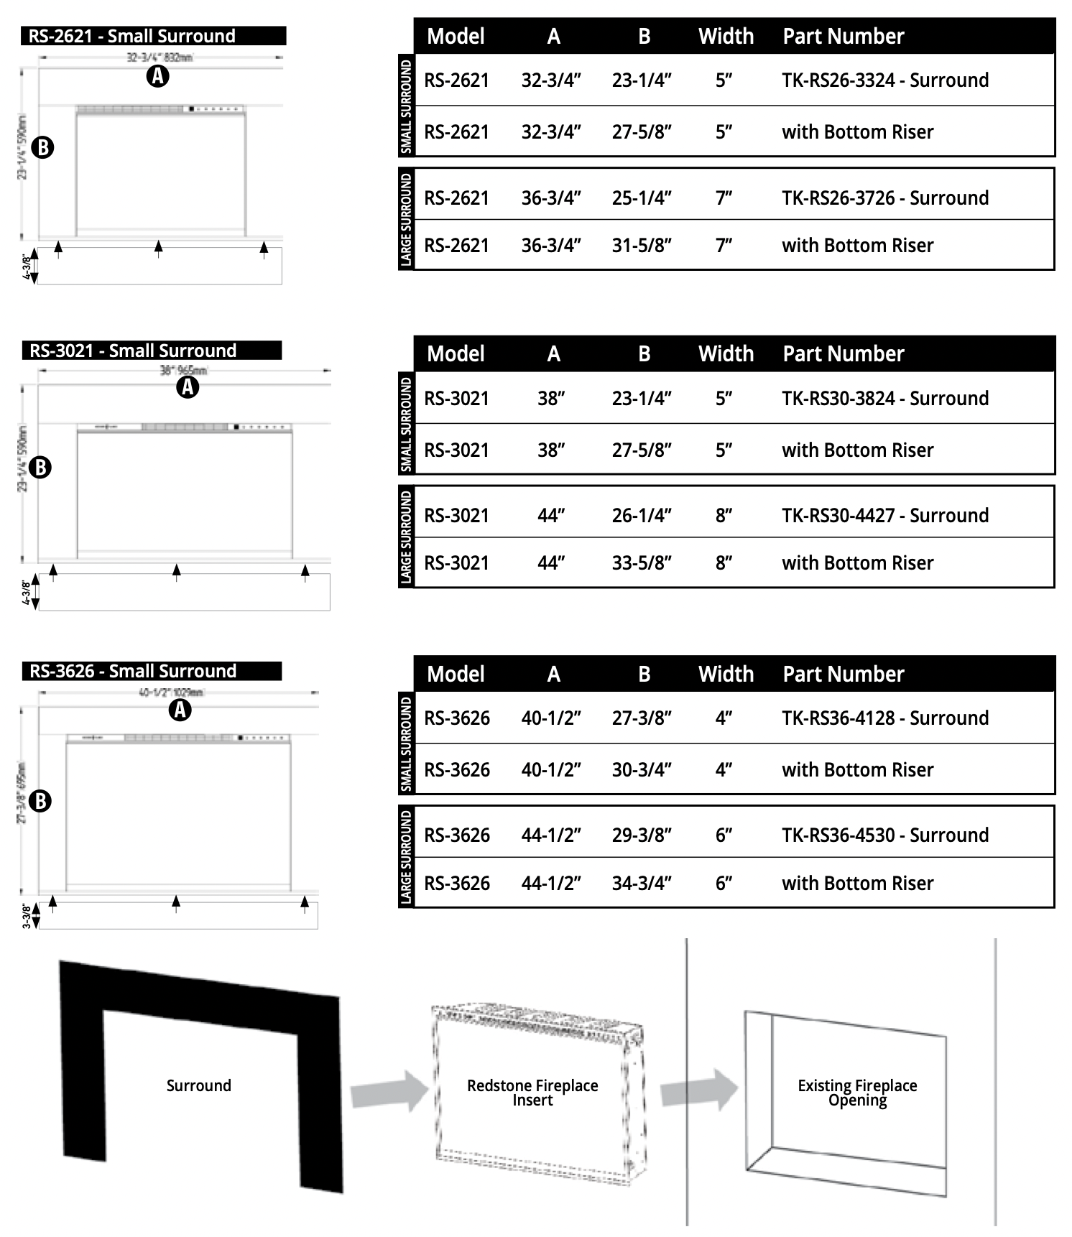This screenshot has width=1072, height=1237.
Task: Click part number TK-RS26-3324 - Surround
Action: [x=884, y=80]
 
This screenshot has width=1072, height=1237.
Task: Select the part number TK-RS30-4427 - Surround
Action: [x=884, y=515]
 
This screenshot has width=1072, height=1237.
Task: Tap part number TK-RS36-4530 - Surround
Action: [x=884, y=835]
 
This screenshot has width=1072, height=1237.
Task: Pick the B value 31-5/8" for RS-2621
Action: [x=642, y=246]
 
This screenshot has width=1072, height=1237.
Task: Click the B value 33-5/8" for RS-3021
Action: [x=642, y=563]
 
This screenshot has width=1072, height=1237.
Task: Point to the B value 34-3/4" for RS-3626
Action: [x=642, y=883]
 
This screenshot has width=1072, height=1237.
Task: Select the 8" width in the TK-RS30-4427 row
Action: [x=724, y=515]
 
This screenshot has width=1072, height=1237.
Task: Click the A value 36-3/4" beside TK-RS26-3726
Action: [x=551, y=198]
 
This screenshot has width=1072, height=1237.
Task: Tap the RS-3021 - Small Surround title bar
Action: [x=152, y=351]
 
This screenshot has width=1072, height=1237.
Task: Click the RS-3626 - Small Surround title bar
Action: [x=152, y=671]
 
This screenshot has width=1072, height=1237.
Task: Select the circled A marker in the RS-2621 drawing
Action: [x=158, y=75]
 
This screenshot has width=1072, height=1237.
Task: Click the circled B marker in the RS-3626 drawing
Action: [x=41, y=800]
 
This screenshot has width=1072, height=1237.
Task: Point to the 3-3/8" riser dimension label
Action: [x=27, y=916]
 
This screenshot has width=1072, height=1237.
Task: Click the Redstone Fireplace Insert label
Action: [x=532, y=1092]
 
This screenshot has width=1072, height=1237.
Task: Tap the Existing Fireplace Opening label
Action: [x=857, y=1092]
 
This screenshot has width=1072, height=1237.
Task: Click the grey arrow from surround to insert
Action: [x=389, y=1091]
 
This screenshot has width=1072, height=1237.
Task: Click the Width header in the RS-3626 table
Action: [x=726, y=674]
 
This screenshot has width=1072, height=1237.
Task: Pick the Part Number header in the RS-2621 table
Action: [x=843, y=36]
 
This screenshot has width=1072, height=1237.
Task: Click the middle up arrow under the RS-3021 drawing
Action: [x=177, y=572]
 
